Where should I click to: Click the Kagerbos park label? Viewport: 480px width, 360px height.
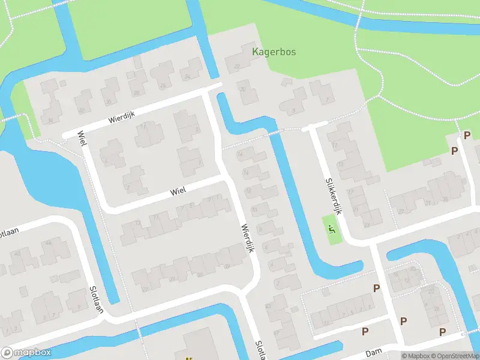(274, 52)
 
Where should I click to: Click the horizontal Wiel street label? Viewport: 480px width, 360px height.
(178, 190)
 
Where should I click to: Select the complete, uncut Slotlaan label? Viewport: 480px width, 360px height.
(95, 299)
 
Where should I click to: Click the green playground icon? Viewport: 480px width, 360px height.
(332, 228)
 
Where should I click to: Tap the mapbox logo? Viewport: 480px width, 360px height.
(26, 353)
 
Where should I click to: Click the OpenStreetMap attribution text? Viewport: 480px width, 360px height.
(455, 356)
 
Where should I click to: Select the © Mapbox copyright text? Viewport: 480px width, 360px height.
(416, 356)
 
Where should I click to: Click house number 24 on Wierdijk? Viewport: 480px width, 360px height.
(187, 77)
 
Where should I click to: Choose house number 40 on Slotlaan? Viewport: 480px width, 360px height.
(17, 253)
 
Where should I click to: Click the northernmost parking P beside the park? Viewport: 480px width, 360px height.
(466, 135)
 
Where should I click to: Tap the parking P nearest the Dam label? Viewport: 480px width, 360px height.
(365, 331)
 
